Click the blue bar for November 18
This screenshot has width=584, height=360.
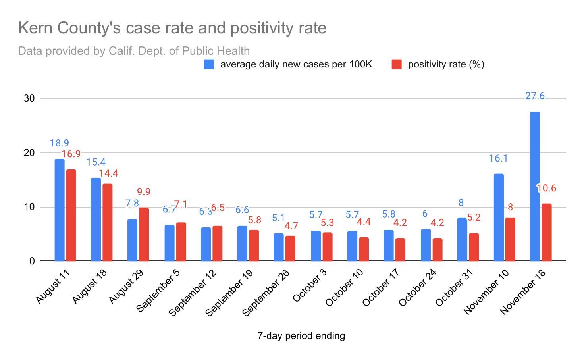pos(535,187)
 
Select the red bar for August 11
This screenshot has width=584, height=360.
pos(71,216)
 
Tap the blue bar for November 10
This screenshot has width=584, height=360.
pos(499,218)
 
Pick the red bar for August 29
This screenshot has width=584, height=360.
pos(144,234)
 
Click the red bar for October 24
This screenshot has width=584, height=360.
pos(437,250)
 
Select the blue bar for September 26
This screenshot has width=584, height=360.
pos(279,247)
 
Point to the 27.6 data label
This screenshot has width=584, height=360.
pos(535,96)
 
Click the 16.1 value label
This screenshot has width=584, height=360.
pos(498,158)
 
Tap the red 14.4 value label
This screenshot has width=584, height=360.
pos(108,173)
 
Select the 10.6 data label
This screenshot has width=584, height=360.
pos(547,188)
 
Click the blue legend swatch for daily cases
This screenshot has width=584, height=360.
pos(209,64)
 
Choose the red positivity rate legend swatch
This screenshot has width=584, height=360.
pos(396,64)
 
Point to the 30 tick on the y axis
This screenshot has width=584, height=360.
pos(29,98)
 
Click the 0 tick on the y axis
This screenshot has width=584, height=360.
pos(32,261)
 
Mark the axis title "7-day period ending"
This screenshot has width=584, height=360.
pos(301,336)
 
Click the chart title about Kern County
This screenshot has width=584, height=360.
pos(172,28)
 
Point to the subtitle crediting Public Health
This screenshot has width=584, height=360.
pos(134,51)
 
